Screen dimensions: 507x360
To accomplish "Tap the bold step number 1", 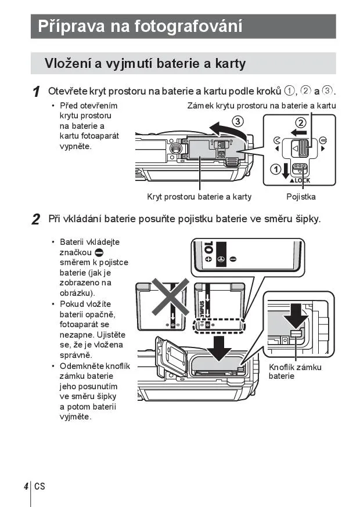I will point(36,92).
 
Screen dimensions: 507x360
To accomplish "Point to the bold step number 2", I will point(36,219).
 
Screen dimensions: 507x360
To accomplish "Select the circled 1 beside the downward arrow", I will point(275,169).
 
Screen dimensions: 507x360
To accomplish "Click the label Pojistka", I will point(301,197).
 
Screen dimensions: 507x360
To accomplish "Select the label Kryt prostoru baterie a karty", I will point(199,197).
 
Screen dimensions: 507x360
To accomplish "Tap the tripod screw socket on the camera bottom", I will point(174,149).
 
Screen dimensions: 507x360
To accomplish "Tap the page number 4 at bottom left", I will point(26,486).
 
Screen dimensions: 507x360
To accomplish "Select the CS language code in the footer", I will point(39,486).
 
